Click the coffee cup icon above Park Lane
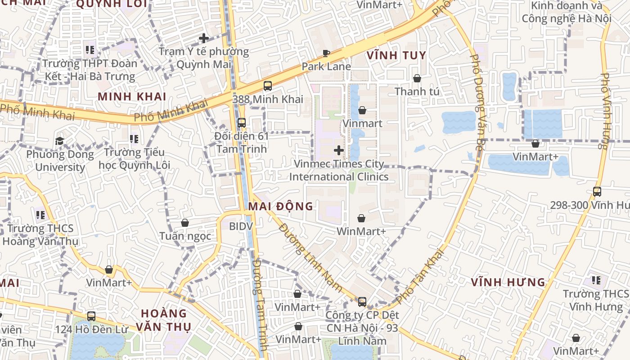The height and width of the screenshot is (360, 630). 326,54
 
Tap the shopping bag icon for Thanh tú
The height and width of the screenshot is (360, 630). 417,78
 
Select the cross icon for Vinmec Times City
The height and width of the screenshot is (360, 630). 339,150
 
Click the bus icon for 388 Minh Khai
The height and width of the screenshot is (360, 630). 268,85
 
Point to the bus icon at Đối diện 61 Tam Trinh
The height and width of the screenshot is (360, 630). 241,122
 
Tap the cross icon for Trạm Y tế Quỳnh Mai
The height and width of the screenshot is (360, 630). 204,38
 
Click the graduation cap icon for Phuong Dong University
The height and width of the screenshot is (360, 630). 59,141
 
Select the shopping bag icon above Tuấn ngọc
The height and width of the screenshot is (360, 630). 184,223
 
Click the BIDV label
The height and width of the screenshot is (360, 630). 241,226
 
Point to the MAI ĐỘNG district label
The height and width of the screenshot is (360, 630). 280,207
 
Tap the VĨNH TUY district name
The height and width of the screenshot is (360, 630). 396,55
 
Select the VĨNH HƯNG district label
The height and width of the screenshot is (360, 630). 508,283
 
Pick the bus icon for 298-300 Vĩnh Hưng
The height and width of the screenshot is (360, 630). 597,192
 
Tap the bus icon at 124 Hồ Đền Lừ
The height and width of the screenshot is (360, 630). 91,316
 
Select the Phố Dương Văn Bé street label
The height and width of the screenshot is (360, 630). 477,102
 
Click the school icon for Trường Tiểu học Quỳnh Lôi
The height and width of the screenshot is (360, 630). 134,139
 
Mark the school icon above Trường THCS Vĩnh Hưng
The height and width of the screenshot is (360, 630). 596,281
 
